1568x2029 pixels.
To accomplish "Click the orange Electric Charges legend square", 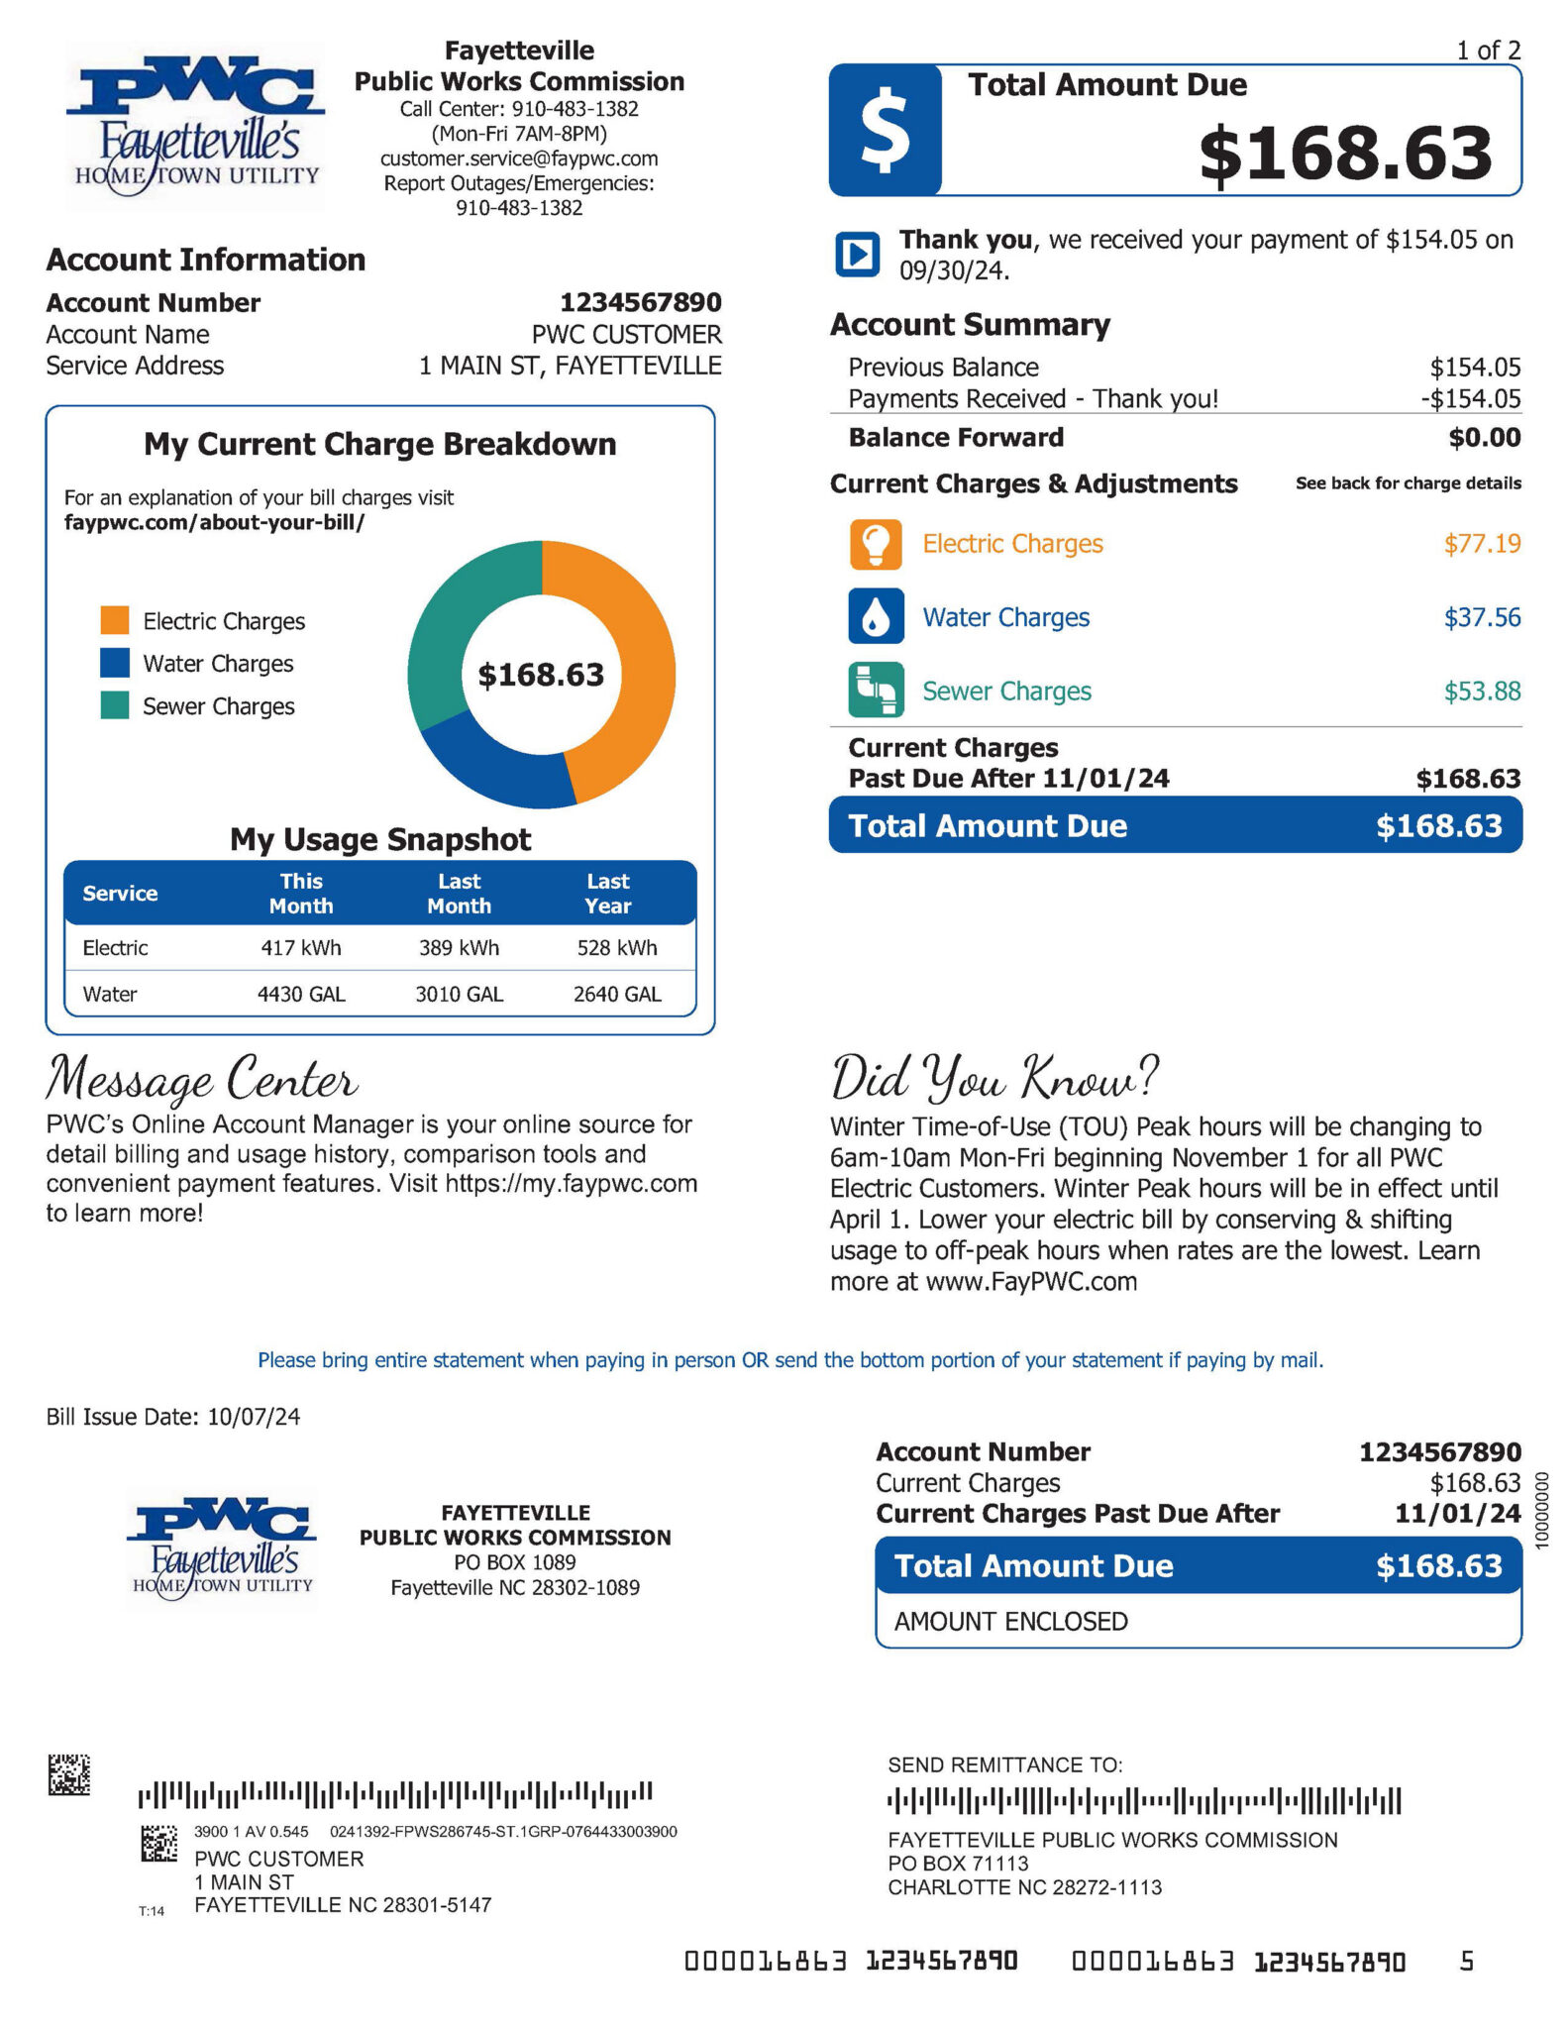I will coord(115,620).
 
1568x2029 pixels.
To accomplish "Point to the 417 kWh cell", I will coord(301,948).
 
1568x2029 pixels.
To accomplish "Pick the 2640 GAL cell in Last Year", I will coord(617,994).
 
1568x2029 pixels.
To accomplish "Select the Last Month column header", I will coord(460,893).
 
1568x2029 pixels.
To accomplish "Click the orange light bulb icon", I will coord(876,544).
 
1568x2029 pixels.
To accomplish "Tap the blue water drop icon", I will coord(876,616).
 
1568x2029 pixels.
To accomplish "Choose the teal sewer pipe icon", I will coord(876,690).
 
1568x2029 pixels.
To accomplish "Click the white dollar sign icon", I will coord(885,130).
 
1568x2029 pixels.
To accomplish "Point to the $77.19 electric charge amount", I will coord(1482,544).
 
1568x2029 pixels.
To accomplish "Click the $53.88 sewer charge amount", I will coord(1482,691).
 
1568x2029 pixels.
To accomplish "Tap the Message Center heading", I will coord(202,1079).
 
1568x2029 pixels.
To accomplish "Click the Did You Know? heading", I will coord(993,1077).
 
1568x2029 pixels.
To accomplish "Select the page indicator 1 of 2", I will coord(1488,50).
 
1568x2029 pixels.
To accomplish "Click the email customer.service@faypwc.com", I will coord(519,159).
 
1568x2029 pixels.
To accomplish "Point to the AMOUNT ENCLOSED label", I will coord(1010,1622).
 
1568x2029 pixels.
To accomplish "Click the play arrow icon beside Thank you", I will coord(857,254).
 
